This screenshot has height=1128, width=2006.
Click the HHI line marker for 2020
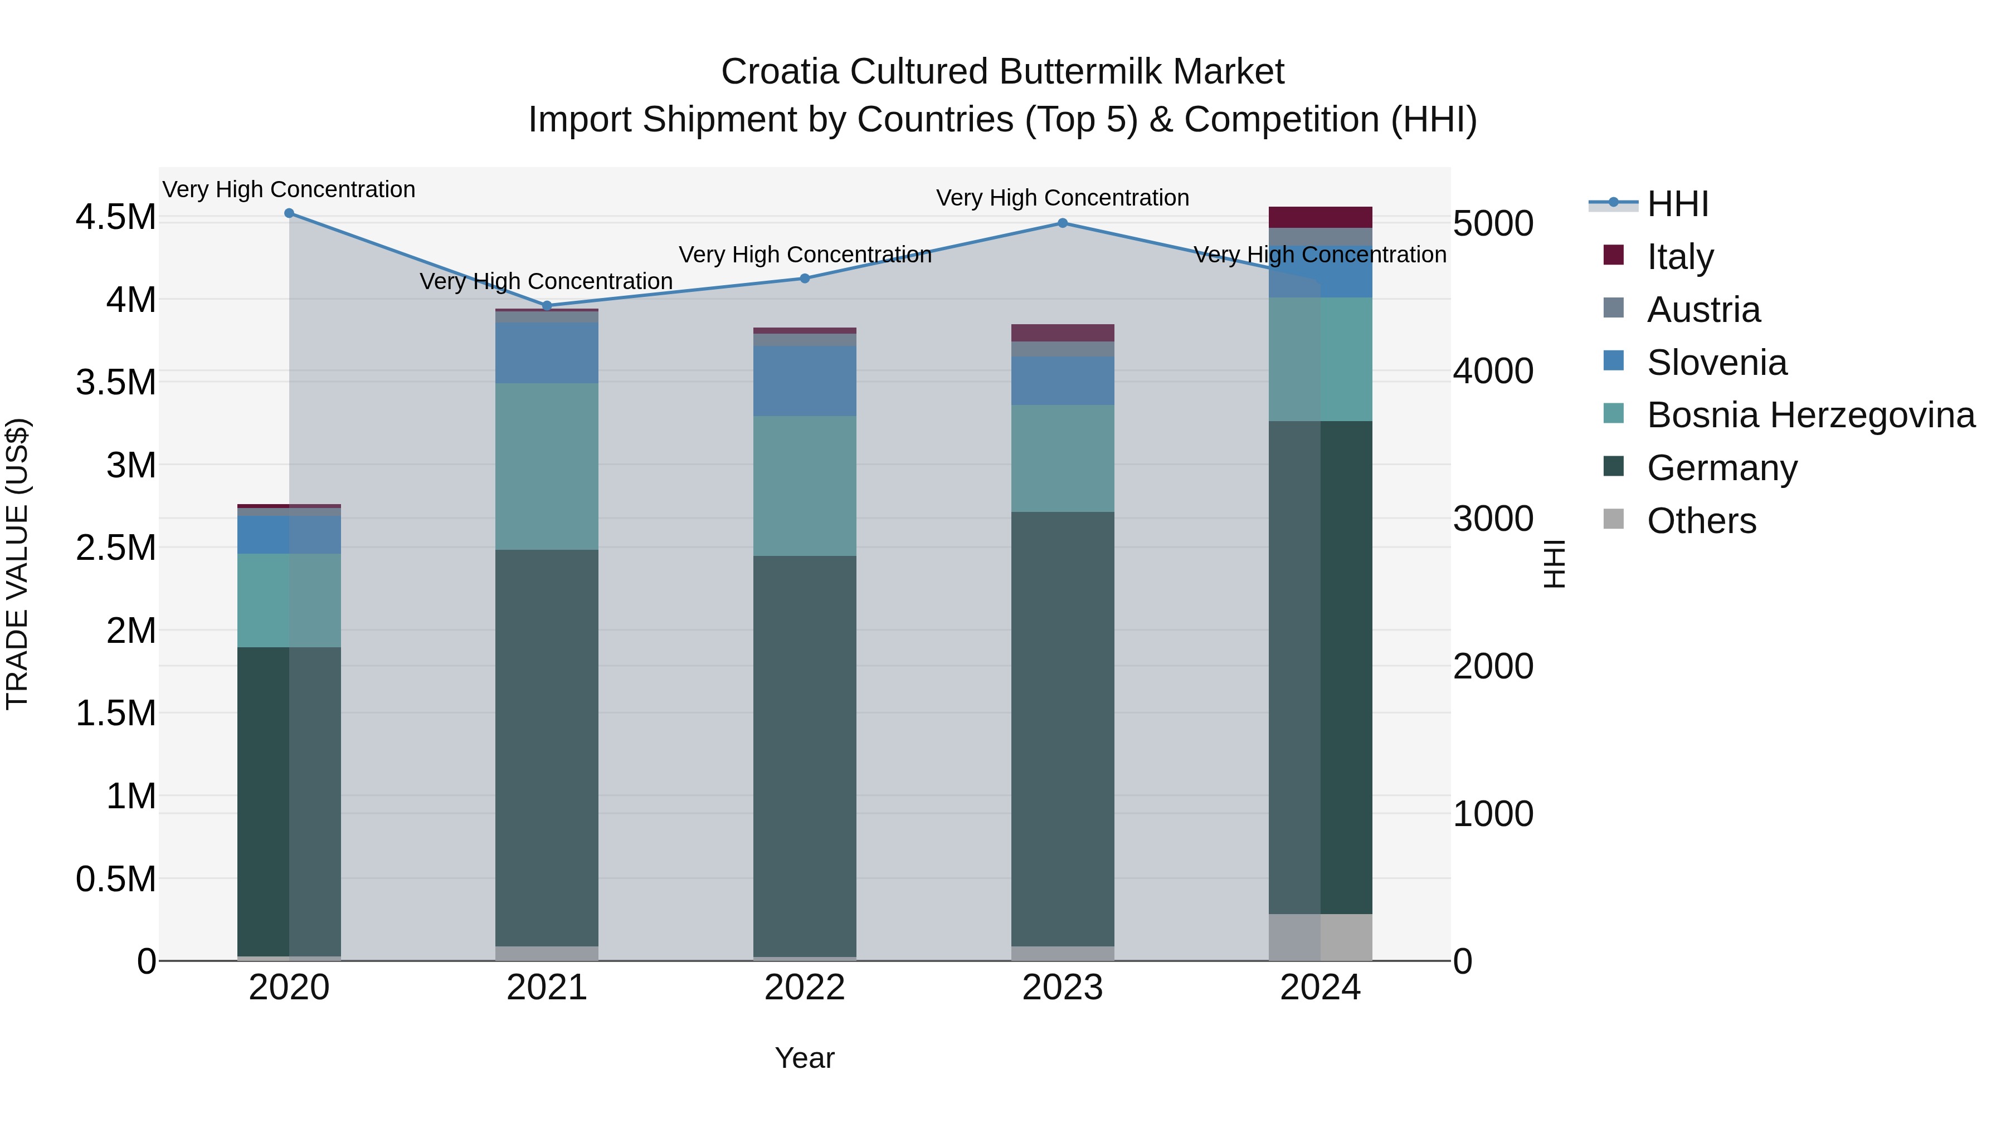289,213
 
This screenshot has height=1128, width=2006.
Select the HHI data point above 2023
1062,223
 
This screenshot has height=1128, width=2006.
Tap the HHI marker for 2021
547,306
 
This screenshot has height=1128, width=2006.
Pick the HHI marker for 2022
805,278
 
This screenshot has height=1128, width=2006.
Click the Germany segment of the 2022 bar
805,755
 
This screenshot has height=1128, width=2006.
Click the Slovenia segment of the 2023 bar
1062,380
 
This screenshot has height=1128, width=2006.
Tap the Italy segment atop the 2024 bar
1320,217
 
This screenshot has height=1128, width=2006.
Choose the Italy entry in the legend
1679,256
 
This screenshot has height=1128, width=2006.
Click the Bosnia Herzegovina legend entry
1810,415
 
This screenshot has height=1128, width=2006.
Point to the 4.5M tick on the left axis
115,217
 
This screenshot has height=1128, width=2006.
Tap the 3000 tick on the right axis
1493,519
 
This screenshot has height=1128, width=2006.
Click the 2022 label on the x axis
805,988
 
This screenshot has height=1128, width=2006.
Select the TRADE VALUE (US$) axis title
17,564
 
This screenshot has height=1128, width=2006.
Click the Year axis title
805,1058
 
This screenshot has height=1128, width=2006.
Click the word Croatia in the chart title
780,72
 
